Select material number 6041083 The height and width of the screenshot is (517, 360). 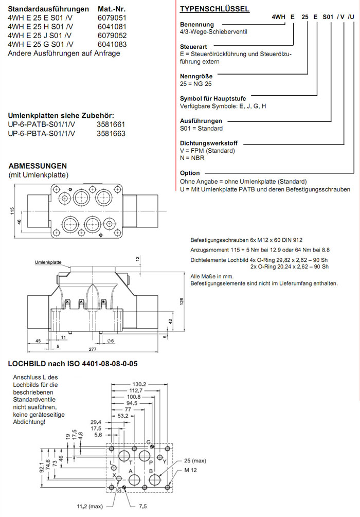[112, 44]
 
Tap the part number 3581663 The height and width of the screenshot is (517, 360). [111, 133]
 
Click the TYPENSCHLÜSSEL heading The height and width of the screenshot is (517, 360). [214, 9]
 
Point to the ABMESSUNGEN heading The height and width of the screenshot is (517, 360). [38, 166]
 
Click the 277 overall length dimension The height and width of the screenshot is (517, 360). [93, 350]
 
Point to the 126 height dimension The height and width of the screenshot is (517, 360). [182, 301]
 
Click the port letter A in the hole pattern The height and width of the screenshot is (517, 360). [131, 471]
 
